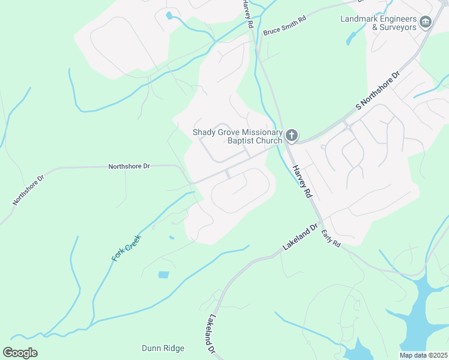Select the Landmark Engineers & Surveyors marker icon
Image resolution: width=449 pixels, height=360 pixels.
tap(426, 22)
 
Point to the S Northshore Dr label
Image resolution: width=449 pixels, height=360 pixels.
tap(378, 91)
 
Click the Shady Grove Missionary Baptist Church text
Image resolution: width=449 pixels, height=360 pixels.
tap(237, 137)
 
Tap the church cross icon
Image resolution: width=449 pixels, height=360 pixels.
tap(291, 136)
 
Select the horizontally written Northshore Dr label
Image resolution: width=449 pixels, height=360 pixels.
tap(128, 166)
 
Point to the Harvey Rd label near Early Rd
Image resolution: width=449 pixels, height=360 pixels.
tap(303, 182)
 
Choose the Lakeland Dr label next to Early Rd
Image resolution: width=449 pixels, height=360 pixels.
tap(300, 239)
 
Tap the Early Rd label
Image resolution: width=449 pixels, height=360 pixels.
tap(331, 238)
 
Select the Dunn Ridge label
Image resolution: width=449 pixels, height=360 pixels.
tap(163, 348)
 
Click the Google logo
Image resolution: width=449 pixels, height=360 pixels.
tap(20, 353)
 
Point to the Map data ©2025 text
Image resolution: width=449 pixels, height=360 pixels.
tap(423, 355)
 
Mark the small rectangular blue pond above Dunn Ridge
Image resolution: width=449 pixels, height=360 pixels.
tap(163, 275)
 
